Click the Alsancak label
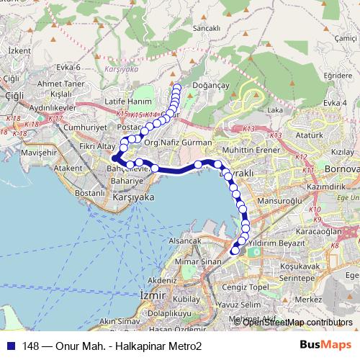tap(184, 240)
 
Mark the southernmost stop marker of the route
tap(233, 251)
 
